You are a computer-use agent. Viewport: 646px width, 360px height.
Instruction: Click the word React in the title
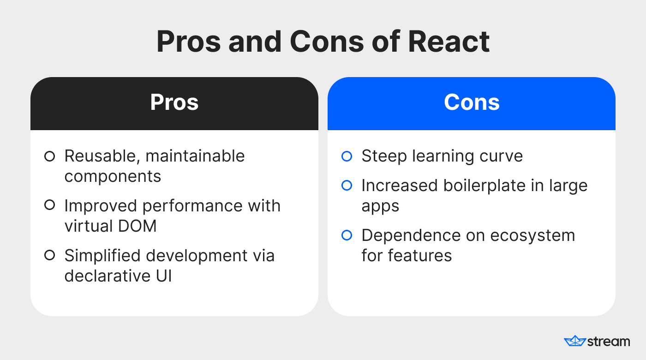(x=449, y=42)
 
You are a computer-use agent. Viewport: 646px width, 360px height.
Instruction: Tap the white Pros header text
(x=174, y=102)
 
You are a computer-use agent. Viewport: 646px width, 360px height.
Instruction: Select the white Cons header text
(x=472, y=102)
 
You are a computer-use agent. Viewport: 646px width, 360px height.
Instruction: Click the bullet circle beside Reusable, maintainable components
(x=50, y=156)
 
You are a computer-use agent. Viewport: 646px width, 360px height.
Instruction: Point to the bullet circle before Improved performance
(x=50, y=205)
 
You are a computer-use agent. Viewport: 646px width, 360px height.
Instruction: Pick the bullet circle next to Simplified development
(x=50, y=255)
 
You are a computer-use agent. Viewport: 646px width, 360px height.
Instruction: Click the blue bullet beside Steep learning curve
(x=347, y=156)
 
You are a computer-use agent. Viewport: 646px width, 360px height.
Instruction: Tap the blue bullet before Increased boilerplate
(x=347, y=185)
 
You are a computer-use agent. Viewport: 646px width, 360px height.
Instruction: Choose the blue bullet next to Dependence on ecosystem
(x=347, y=235)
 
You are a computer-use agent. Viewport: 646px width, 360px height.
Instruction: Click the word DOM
(x=138, y=226)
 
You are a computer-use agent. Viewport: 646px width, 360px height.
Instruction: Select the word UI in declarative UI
(x=164, y=276)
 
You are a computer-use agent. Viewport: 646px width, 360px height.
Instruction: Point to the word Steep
(x=384, y=156)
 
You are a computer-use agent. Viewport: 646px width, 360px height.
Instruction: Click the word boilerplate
(x=484, y=186)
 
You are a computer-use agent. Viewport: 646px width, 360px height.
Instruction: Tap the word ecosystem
(x=532, y=236)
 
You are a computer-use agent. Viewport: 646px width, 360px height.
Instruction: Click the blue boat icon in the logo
(x=575, y=341)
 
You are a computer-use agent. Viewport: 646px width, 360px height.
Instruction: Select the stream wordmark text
(x=609, y=342)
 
